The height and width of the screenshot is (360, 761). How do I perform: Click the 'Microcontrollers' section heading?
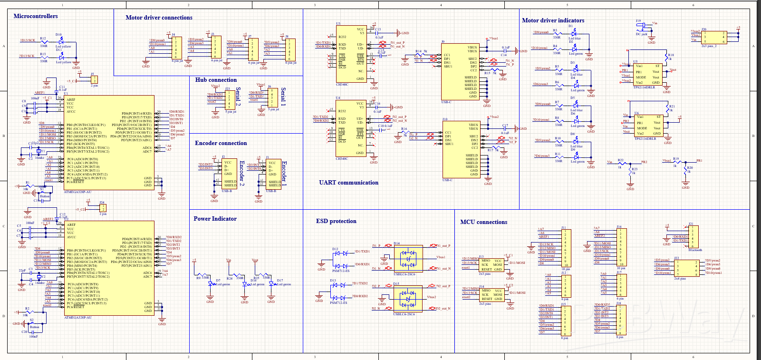pos(36,16)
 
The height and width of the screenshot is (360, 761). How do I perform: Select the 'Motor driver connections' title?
pos(159,18)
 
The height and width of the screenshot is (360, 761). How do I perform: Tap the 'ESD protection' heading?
pos(336,221)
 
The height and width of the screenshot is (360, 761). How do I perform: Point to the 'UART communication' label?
pos(348,183)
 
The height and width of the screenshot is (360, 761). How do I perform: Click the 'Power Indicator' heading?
pos(215,219)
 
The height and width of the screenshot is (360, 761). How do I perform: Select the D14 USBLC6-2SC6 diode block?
pos(408,259)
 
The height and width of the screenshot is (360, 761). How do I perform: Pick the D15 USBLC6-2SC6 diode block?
pos(408,299)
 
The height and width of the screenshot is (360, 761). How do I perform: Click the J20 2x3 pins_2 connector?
pos(714,38)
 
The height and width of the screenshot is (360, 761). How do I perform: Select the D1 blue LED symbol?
pos(574,33)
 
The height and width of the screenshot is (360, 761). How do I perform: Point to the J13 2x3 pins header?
pos(491,265)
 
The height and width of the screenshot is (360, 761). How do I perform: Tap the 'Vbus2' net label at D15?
pos(431,297)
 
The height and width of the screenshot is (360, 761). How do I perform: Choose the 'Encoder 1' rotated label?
pos(284,172)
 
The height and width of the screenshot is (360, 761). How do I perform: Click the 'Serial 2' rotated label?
pos(238,97)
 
